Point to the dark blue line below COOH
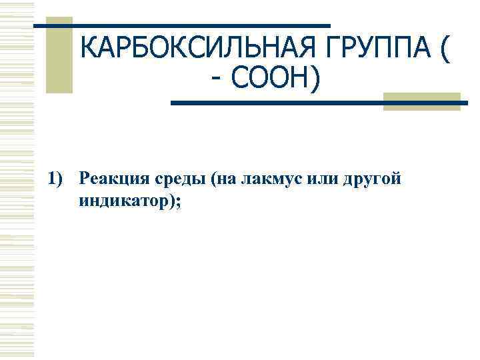320,103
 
